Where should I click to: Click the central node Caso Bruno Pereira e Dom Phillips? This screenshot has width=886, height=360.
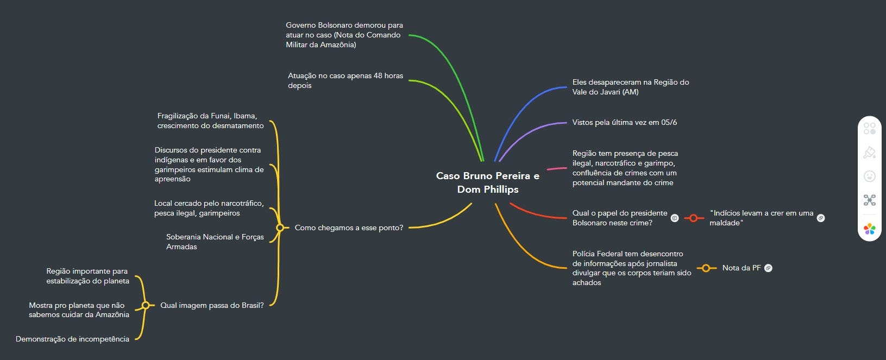click(487, 182)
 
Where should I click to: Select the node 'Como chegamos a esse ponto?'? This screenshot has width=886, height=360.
click(349, 228)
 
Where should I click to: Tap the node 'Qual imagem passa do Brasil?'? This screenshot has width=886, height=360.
click(212, 305)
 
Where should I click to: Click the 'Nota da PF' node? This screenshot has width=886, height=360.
click(741, 268)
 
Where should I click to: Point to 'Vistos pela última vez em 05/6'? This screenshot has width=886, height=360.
click(624, 122)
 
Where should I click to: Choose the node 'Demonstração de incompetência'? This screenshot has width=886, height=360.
click(72, 339)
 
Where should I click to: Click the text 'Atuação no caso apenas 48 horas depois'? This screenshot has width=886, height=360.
click(345, 80)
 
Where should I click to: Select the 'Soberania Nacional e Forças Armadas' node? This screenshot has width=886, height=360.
click(215, 242)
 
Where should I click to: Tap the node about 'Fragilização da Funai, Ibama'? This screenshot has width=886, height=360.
click(210, 121)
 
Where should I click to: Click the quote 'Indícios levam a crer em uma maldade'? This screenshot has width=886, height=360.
click(761, 218)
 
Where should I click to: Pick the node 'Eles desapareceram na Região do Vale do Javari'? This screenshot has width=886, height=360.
click(630, 87)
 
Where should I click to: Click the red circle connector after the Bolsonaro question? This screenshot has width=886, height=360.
click(693, 218)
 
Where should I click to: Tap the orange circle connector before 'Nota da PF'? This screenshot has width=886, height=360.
click(706, 268)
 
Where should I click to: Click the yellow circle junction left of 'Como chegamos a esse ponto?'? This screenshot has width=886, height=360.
click(280, 228)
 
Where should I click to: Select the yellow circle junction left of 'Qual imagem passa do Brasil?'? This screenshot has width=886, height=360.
click(146, 305)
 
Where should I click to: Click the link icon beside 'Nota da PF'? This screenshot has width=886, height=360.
click(768, 268)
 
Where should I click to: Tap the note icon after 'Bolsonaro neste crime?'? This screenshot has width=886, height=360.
click(675, 218)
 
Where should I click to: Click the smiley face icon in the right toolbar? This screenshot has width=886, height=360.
click(869, 176)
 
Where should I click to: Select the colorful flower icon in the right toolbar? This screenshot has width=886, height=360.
click(869, 229)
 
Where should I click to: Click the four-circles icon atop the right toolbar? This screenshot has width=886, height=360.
click(869, 128)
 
